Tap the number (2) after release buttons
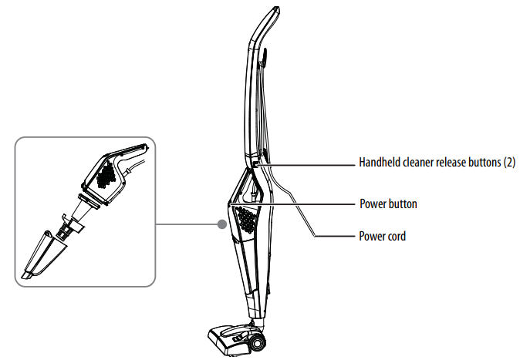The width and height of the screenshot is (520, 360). click(x=508, y=163)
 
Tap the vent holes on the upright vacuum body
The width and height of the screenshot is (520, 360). click(x=248, y=220)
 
